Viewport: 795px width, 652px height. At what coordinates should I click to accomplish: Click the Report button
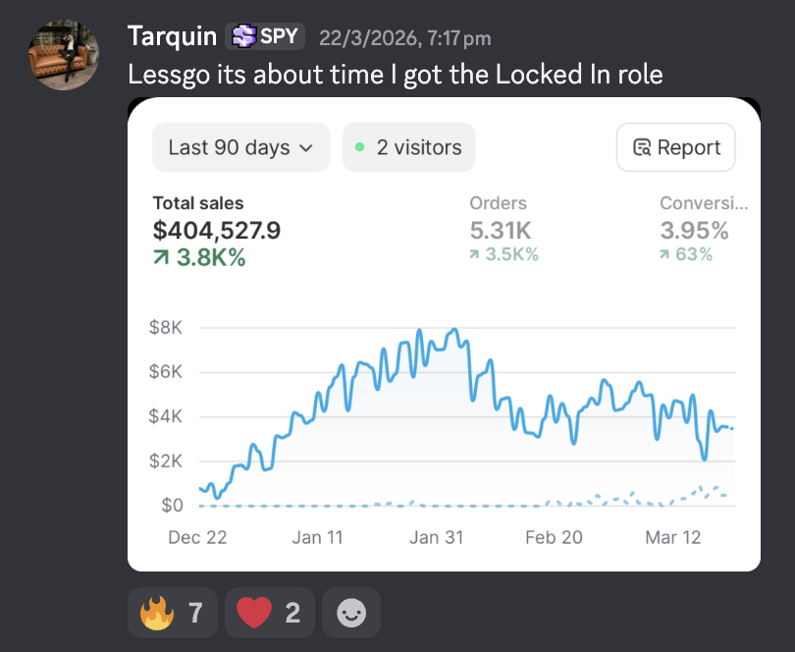pyautogui.click(x=676, y=147)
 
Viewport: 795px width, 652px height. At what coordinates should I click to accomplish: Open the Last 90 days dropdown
pyautogui.click(x=240, y=147)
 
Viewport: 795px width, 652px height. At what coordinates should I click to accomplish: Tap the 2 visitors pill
pyautogui.click(x=409, y=147)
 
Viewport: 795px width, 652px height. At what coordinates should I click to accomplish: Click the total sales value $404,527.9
pyautogui.click(x=217, y=231)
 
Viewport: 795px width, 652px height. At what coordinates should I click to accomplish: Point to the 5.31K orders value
pyautogui.click(x=501, y=231)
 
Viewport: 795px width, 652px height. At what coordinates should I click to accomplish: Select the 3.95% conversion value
pyautogui.click(x=694, y=231)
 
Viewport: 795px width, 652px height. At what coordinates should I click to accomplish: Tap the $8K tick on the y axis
pyautogui.click(x=165, y=327)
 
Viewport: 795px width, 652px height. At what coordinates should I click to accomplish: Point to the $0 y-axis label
pyautogui.click(x=172, y=506)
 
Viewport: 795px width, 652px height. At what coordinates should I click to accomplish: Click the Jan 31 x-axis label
pyautogui.click(x=437, y=537)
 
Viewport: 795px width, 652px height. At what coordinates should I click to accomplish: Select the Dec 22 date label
pyautogui.click(x=197, y=537)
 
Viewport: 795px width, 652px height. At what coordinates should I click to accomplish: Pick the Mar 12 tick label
pyautogui.click(x=673, y=537)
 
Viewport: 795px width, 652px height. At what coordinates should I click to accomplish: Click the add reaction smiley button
pyautogui.click(x=351, y=613)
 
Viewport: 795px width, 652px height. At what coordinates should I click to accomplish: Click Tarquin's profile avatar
pyautogui.click(x=64, y=55)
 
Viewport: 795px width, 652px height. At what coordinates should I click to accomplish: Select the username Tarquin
pyautogui.click(x=173, y=36)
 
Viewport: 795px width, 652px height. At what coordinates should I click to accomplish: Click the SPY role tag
pyautogui.click(x=265, y=36)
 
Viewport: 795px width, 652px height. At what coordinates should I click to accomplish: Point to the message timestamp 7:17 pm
pyautogui.click(x=459, y=38)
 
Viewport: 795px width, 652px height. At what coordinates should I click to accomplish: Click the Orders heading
pyautogui.click(x=498, y=203)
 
